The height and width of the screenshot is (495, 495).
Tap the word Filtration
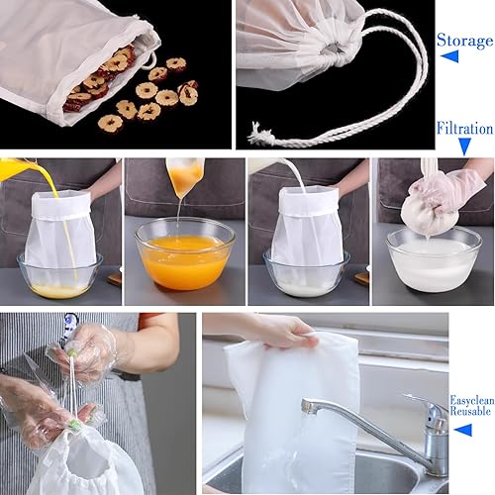(x=464, y=128)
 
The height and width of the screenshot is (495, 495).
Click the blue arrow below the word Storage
(x=449, y=57)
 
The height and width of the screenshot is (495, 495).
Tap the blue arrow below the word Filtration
(x=464, y=145)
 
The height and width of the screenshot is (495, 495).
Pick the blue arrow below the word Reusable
(x=462, y=430)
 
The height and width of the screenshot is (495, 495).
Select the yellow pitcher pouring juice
(x=13, y=169)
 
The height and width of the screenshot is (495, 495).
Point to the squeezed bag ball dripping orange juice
(x=184, y=177)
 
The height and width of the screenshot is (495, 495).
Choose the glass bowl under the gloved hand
(x=433, y=259)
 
